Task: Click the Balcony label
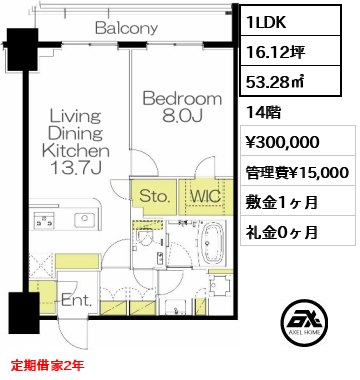126,28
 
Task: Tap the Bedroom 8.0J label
182,107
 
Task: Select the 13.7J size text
75,168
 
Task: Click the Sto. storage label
155,196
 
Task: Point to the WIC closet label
205,196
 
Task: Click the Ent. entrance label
77,301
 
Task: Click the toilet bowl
145,237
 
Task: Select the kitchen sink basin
85,220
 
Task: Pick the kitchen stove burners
43,220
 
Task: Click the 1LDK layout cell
290,22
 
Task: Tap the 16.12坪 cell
290,51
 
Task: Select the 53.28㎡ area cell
290,81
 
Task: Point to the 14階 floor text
263,113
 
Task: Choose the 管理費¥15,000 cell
298,171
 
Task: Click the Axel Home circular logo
304,322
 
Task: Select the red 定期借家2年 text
47,366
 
